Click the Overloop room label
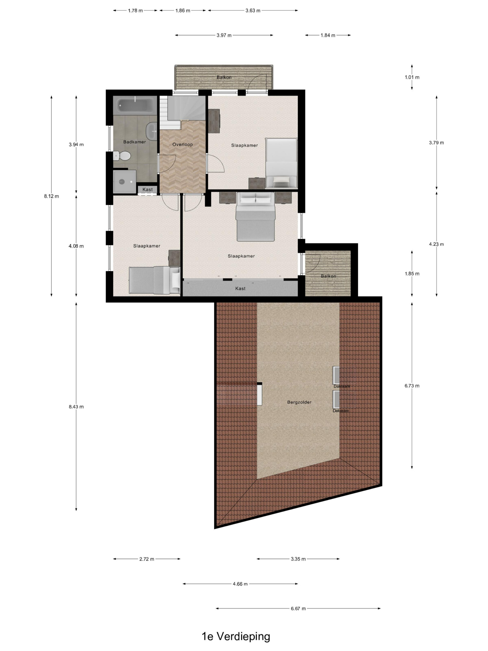click(182, 144)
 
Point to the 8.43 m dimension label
click(76, 406)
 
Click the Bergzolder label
click(299, 402)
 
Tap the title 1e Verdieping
click(236, 637)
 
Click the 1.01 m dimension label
click(412, 77)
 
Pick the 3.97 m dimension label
click(224, 35)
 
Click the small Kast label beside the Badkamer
click(148, 189)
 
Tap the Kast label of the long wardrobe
click(240, 288)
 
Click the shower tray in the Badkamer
click(125, 181)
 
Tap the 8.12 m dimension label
click(52, 196)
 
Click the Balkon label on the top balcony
click(224, 77)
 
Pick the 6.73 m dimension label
click(412, 386)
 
